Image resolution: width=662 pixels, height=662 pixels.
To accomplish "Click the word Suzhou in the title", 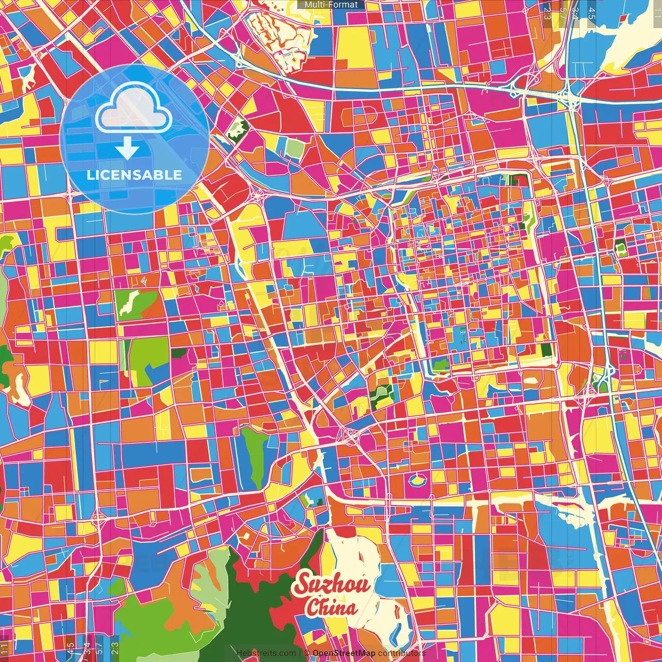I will coord(332,584).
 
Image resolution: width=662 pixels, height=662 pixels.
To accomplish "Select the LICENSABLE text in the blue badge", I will coord(134,175).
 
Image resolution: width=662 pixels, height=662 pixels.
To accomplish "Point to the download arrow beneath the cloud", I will coord(127,149).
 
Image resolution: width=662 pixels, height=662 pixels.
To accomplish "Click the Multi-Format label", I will coord(331,5).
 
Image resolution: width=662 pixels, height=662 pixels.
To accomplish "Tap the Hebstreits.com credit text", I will coord(266,653).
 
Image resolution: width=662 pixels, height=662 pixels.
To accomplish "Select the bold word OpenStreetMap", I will coord(344,653).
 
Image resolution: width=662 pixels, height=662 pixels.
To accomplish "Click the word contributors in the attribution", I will coord(401,653).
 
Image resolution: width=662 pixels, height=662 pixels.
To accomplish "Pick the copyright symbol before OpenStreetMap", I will coord(306,653).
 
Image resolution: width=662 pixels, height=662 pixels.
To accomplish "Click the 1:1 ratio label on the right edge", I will coord(656,11).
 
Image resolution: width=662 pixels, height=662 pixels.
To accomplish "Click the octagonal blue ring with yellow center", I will coord(416,480).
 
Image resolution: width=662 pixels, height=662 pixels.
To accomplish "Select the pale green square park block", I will coord(294,149).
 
